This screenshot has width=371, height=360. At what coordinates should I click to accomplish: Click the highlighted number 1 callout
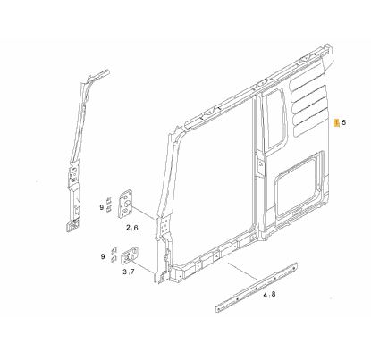(337, 122)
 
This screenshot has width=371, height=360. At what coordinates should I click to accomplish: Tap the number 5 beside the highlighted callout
(344, 122)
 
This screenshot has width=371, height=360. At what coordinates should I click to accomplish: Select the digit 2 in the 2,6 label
(128, 228)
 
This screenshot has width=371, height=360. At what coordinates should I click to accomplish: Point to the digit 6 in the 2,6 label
(136, 228)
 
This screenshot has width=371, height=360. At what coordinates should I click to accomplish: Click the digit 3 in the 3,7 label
(125, 272)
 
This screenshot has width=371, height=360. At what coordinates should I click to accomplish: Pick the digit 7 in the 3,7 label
(132, 272)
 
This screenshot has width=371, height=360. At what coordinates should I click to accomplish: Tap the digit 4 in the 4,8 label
(266, 295)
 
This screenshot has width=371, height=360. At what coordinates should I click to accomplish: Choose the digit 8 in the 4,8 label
(274, 295)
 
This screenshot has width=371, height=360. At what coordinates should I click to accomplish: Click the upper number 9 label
(102, 207)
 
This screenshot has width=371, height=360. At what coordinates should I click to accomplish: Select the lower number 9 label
(103, 256)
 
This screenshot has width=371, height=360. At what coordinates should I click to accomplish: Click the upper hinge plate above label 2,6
(125, 203)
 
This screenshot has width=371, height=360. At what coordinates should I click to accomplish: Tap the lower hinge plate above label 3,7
(131, 255)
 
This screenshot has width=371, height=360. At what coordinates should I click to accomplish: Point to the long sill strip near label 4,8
(256, 287)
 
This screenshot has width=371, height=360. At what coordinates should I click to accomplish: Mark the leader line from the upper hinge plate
(144, 212)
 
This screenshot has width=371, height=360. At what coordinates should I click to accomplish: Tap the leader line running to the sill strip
(243, 272)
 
